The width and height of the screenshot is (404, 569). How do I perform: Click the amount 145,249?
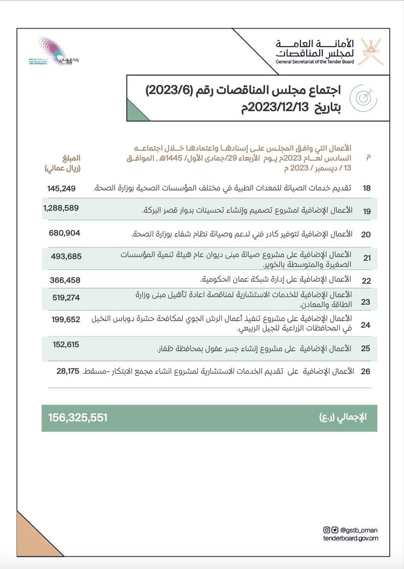(61, 188)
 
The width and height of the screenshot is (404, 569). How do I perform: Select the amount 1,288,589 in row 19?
(61, 208)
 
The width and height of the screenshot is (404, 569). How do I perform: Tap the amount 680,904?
(65, 233)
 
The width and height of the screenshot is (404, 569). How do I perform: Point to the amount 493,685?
(66, 256)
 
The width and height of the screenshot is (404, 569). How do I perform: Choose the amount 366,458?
(65, 280)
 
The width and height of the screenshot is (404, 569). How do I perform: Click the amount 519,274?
(66, 298)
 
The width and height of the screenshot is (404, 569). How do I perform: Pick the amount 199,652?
(66, 320)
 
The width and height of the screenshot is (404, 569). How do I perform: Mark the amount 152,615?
(66, 344)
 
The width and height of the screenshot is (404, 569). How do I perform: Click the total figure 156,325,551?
(78, 417)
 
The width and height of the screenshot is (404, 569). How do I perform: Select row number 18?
(367, 188)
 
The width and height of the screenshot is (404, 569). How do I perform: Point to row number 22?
(367, 281)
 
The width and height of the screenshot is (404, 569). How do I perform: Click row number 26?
(366, 372)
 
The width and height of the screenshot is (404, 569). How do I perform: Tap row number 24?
(366, 325)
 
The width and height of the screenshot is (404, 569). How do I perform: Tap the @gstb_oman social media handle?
(359, 530)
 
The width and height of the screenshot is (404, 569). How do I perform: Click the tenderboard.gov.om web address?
(350, 538)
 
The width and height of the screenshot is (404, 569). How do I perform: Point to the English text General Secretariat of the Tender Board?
(315, 62)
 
